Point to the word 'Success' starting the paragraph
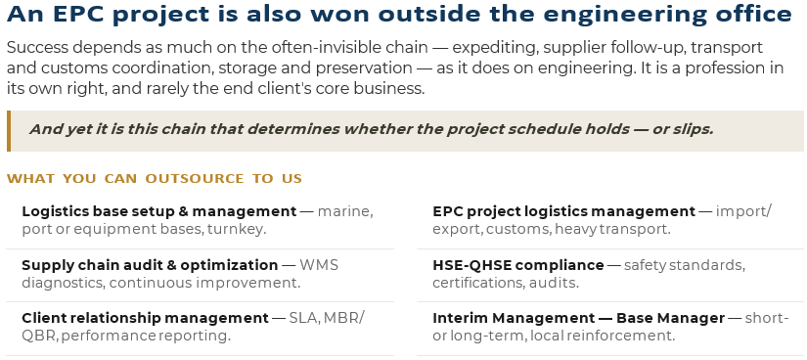(37, 48)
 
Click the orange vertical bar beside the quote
(9, 131)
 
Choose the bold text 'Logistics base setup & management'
(159, 211)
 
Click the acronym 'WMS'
(319, 265)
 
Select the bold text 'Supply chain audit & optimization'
(150, 265)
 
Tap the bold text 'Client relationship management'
(145, 318)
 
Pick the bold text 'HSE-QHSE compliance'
(518, 265)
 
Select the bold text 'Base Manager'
(670, 318)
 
